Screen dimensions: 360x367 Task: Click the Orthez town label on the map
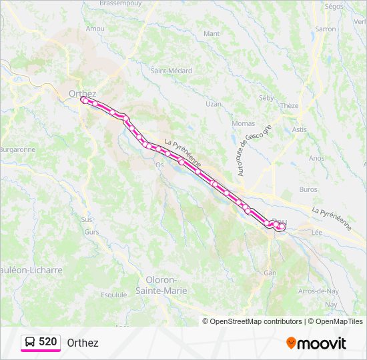[82, 93]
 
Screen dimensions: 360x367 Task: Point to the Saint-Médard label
[171, 71]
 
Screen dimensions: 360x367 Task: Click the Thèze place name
[290, 105]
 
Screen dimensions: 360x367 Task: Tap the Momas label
[243, 123]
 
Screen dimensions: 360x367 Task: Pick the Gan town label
[270, 273]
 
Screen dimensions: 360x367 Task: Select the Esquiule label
[113, 294]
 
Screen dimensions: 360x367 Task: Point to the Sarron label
[325, 29]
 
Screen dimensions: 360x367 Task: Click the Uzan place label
[213, 104]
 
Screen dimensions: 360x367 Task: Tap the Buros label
[308, 189]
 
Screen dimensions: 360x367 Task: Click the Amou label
[95, 29]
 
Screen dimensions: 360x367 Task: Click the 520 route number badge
[47, 342]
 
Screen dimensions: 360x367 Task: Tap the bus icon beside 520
[30, 343]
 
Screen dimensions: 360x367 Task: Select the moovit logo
[316, 343]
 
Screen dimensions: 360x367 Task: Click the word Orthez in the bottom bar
[83, 343]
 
